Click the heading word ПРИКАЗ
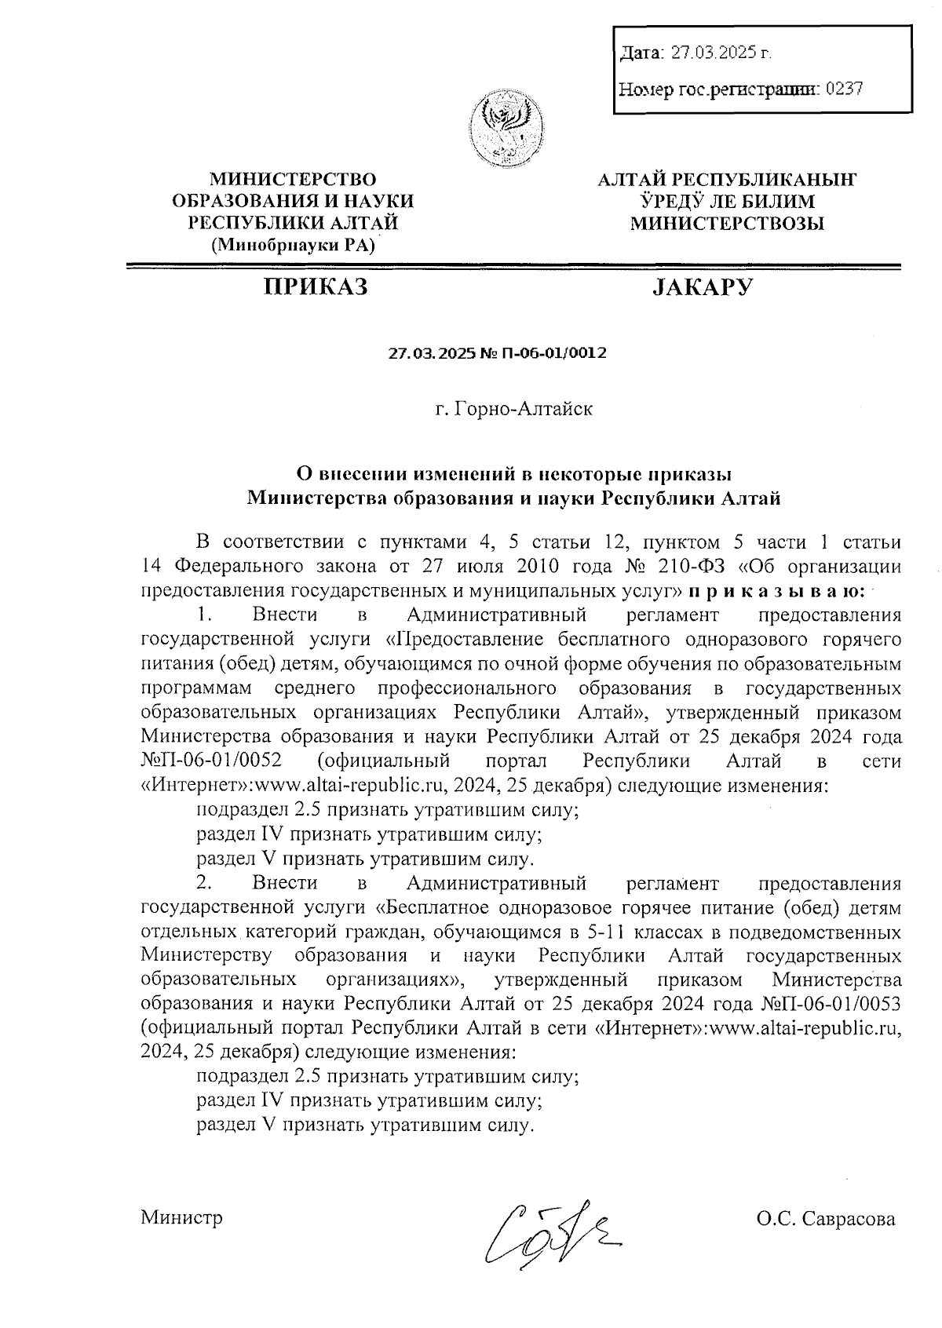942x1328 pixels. [x=316, y=288]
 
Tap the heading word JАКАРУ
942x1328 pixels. [x=702, y=288]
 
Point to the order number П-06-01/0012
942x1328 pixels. [x=556, y=353]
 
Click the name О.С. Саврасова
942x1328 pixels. [x=825, y=1219]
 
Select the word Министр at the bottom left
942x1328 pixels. [x=182, y=1217]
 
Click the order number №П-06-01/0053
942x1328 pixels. [x=831, y=1005]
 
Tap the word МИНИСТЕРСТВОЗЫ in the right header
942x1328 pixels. [x=728, y=224]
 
